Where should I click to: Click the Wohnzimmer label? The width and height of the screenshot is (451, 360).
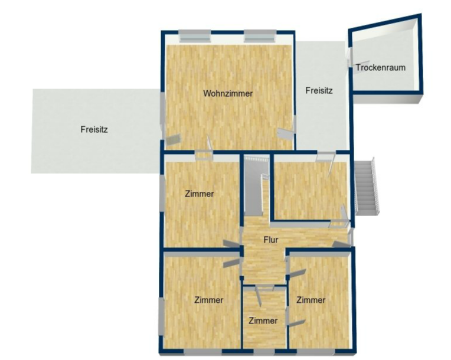point(228,93)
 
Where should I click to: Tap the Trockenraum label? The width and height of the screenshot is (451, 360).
point(381,67)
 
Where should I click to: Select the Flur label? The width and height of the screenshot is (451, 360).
point(270,240)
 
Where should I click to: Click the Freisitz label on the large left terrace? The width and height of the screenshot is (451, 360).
point(94,129)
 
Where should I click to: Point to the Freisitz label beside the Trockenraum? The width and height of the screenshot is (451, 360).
point(319,90)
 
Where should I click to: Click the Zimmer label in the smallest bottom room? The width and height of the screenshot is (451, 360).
point(263,320)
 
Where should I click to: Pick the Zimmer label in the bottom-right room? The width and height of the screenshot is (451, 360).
point(311,300)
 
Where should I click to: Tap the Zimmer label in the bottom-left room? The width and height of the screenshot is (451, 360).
point(209,300)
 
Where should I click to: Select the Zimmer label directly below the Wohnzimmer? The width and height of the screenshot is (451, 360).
point(200,194)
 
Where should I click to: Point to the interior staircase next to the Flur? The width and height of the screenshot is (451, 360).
point(257,185)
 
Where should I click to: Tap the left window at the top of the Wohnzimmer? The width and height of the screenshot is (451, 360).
point(195,35)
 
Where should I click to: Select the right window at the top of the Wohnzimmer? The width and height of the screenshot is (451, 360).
point(260,35)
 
